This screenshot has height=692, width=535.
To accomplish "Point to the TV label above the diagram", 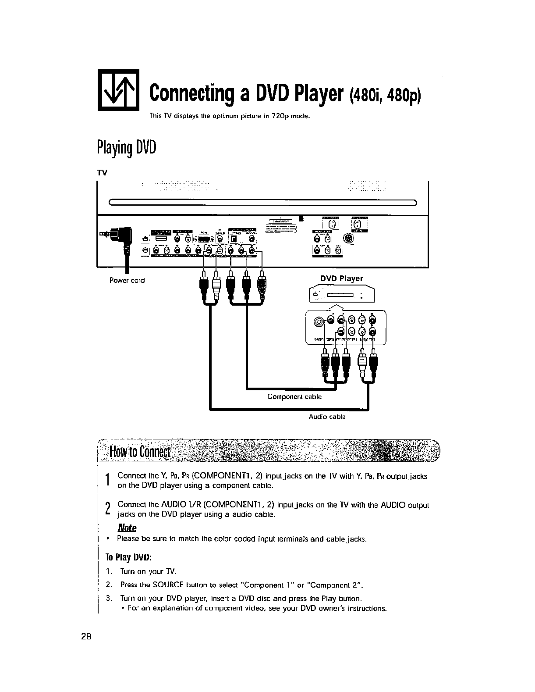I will click(102, 172).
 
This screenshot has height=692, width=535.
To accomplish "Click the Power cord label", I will click(127, 280).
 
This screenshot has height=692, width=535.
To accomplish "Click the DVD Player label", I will click(342, 278).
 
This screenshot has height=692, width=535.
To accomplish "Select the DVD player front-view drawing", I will click(342, 294).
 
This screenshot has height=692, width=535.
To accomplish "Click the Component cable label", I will click(294, 396).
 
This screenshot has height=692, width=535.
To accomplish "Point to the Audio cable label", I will click(327, 417).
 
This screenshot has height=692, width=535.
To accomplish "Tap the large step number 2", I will click(108, 509).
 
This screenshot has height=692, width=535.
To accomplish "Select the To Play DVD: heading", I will click(129, 557).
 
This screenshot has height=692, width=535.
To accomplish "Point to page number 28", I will click(86, 637).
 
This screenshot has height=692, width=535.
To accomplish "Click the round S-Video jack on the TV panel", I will click(348, 239).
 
